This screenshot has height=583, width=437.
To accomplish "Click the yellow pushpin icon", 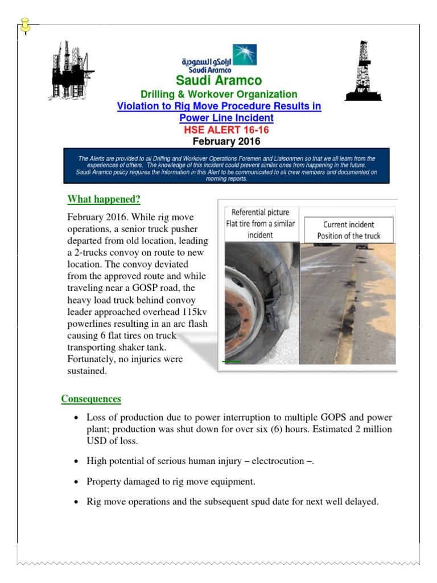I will pyautogui.click(x=25, y=26).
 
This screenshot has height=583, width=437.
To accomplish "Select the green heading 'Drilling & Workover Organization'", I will pyautogui.click(x=219, y=94).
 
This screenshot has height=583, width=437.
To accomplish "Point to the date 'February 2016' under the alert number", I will pyautogui.click(x=226, y=141).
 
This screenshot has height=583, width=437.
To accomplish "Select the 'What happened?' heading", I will pyautogui.click(x=104, y=199).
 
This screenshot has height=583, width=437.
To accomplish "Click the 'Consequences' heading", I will pyautogui.click(x=91, y=399).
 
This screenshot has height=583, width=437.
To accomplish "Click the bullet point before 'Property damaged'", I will pyautogui.click(x=77, y=482).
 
